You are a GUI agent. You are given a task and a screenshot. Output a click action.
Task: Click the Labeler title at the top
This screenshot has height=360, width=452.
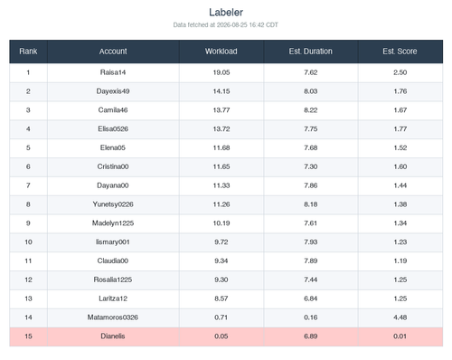click(226, 13)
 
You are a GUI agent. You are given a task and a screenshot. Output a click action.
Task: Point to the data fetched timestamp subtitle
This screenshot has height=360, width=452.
click(226, 25)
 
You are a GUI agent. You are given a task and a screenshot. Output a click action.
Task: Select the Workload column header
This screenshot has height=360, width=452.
click(221, 52)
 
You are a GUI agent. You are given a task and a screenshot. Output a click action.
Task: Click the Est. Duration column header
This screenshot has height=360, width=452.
click(311, 52)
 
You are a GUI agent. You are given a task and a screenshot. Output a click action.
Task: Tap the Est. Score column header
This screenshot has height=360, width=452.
click(400, 52)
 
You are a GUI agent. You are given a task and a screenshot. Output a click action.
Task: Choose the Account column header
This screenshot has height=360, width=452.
click(113, 52)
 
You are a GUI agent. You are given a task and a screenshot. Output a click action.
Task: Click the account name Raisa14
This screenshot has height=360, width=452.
click(113, 72)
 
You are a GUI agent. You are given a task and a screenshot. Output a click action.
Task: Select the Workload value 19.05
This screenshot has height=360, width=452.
click(221, 72)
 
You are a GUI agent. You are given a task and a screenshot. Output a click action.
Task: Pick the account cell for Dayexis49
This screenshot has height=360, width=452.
click(113, 91)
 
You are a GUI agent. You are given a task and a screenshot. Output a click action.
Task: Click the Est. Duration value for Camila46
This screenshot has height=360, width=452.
click(311, 110)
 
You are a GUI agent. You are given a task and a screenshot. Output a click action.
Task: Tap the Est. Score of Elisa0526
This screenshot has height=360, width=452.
click(400, 129)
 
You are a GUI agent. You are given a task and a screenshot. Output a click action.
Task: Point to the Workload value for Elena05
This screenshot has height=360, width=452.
click(221, 147)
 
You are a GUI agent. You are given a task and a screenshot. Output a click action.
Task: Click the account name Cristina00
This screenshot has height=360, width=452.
click(113, 166)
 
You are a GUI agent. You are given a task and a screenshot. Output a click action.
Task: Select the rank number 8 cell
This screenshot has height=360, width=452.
click(28, 204)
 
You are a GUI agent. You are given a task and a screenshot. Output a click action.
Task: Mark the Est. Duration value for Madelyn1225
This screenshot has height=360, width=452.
click(311, 223)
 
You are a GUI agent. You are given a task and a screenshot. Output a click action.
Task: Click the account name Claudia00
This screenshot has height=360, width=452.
click(113, 261)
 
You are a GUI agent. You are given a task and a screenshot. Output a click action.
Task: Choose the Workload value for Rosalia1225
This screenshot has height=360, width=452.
click(221, 279)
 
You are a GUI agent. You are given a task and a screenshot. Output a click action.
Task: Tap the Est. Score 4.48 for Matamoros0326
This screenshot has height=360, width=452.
click(400, 317)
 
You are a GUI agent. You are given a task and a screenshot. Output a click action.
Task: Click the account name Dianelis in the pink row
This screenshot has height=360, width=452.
click(113, 336)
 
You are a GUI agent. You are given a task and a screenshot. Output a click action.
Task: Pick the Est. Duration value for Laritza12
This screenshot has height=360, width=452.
click(311, 298)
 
